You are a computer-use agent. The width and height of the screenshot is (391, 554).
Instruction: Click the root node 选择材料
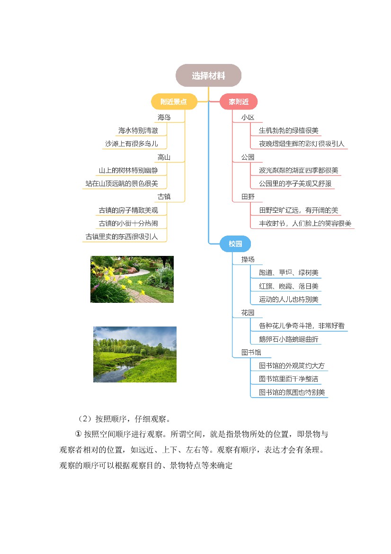coord(208,75)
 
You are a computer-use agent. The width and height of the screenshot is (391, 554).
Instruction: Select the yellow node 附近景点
coord(174,102)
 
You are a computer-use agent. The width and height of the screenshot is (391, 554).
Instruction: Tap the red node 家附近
coord(239,102)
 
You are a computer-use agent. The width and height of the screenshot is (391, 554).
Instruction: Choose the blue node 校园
coord(235,244)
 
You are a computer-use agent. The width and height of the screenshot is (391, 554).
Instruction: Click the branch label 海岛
coord(164,118)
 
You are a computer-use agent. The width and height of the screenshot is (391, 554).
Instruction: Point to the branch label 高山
coord(164,157)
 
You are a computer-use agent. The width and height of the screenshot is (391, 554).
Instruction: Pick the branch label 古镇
coord(164,197)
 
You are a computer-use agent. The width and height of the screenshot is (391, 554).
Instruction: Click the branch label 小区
coord(248,118)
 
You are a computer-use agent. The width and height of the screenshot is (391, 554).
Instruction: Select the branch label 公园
coord(248,157)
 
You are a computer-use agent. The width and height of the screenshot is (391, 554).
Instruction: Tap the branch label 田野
coord(248,197)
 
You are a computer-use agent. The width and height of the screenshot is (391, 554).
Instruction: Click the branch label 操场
coord(248,260)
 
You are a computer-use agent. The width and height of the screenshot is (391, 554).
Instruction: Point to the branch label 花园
coord(248,313)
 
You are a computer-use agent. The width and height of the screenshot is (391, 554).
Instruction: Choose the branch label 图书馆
coord(251,352)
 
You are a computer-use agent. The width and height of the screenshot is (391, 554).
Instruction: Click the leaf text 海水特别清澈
coord(138,131)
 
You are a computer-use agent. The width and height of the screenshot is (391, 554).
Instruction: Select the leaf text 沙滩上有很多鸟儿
coord(131,144)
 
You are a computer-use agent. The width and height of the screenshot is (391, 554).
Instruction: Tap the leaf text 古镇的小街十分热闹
coord(128,223)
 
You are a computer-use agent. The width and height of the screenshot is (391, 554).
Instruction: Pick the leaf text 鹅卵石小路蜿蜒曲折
coord(289,339)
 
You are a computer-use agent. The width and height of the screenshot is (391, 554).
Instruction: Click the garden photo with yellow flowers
coord(132,279)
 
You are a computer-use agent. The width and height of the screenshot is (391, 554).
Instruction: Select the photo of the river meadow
coord(135,354)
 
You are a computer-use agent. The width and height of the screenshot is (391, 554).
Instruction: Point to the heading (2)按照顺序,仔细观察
coord(124,419)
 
